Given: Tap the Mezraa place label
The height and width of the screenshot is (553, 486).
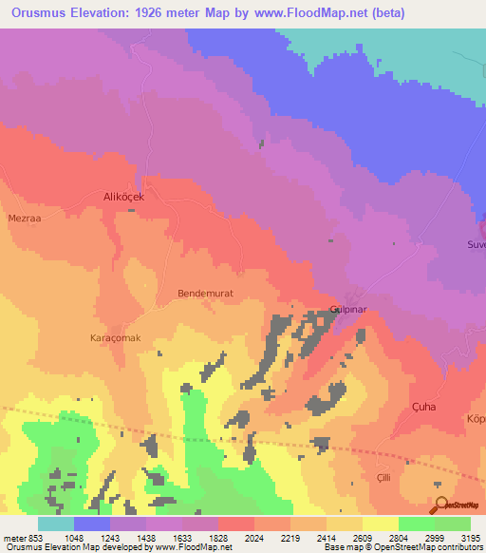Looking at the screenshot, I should tap(24, 218).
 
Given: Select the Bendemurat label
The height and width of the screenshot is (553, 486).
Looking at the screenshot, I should tap(205, 294).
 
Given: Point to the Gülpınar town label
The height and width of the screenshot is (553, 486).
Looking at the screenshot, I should tap(347, 312).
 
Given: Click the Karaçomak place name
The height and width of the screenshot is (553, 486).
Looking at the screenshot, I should tap(115, 338).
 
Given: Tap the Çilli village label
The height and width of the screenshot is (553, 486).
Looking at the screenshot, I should tap(384, 476).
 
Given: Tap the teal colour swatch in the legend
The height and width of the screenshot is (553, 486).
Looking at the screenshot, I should tap(56, 524).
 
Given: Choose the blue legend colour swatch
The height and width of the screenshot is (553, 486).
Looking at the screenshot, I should tap(92, 524).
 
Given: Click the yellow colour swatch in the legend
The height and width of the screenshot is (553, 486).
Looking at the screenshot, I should tap(380, 524).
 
